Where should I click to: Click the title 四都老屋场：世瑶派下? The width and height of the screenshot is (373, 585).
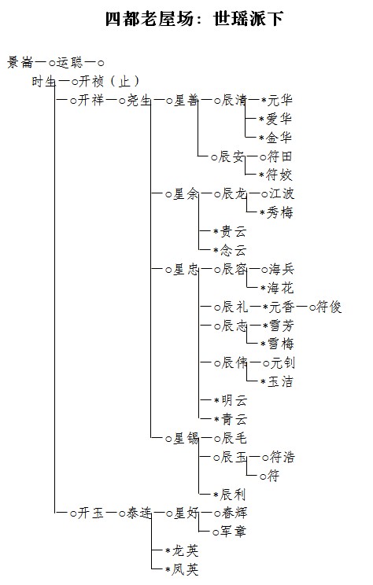(194, 19)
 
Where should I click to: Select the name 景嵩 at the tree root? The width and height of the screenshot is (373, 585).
(20, 62)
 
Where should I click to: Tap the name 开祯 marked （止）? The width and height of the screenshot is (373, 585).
(90, 81)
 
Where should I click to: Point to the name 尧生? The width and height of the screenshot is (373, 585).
(138, 101)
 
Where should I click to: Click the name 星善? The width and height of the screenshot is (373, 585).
(186, 101)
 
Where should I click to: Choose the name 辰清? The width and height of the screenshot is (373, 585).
(234, 101)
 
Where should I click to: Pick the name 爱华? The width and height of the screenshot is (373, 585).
(279, 119)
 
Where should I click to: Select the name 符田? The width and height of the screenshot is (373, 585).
(279, 156)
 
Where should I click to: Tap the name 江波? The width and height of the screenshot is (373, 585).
(282, 194)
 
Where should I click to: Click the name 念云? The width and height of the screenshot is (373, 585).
(233, 250)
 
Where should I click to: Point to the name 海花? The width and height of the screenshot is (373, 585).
(280, 288)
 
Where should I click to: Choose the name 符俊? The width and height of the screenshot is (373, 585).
(329, 307)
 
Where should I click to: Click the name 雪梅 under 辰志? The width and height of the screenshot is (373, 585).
(280, 344)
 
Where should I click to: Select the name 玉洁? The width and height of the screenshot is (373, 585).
(280, 381)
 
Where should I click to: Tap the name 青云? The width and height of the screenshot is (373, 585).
(234, 420)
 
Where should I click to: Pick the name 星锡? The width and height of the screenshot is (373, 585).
(186, 439)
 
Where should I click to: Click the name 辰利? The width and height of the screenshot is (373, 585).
(233, 495)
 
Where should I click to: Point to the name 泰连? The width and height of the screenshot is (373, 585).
(138, 513)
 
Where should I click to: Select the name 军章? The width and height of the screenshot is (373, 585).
(233, 532)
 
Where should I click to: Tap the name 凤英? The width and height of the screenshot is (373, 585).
(185, 570)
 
